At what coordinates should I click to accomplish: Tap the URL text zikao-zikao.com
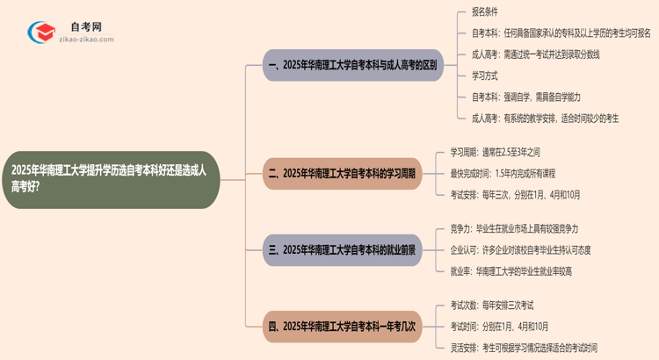pos(84,40)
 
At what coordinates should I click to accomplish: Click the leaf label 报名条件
pos(487,13)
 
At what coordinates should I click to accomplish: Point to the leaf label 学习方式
pos(487,76)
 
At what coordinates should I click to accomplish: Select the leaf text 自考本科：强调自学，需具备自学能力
pos(525,97)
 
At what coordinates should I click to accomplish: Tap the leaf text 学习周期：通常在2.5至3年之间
pos(503,152)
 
